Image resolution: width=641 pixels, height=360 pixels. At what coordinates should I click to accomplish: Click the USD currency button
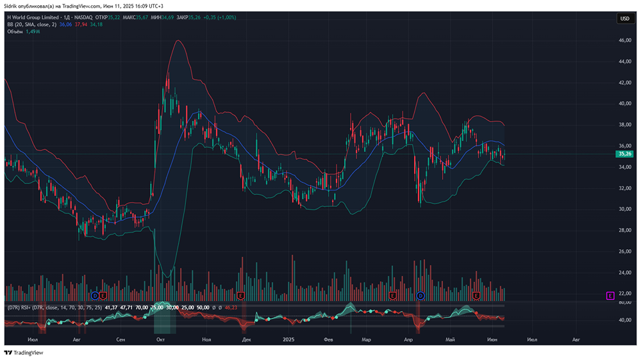(x=624, y=19)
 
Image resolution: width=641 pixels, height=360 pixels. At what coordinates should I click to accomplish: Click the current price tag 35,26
(x=624, y=154)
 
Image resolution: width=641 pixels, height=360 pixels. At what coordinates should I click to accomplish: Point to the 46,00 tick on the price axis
(x=624, y=40)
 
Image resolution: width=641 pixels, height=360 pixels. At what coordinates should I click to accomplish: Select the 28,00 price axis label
(x=624, y=230)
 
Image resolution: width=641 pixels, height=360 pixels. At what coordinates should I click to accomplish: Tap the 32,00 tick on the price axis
(x=624, y=188)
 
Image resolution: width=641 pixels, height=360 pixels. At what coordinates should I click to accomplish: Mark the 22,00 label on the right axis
(x=624, y=293)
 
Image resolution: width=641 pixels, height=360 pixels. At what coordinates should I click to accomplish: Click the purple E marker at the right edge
(x=610, y=295)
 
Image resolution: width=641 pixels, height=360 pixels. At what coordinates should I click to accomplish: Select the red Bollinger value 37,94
(x=81, y=24)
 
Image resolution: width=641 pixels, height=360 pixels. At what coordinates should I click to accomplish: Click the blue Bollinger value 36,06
(x=65, y=24)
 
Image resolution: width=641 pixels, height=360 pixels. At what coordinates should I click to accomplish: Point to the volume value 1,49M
(x=32, y=31)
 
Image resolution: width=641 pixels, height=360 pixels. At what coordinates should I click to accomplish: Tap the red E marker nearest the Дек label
(x=241, y=295)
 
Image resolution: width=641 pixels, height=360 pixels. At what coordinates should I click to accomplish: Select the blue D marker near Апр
(x=420, y=295)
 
